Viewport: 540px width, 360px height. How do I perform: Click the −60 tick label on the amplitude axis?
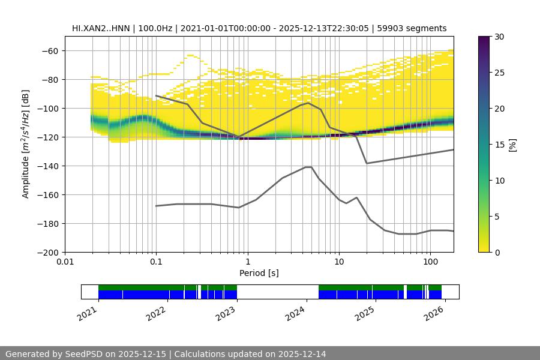[49, 50]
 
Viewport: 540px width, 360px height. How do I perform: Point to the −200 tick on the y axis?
[47, 252]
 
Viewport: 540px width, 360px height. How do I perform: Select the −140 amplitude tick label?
[47, 166]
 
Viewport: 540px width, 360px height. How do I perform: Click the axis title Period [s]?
[259, 273]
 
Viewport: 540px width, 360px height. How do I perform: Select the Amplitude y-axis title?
[26, 144]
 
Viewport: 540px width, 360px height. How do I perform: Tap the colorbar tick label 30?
[499, 37]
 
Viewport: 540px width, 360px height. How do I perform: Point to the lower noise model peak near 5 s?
[308, 167]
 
